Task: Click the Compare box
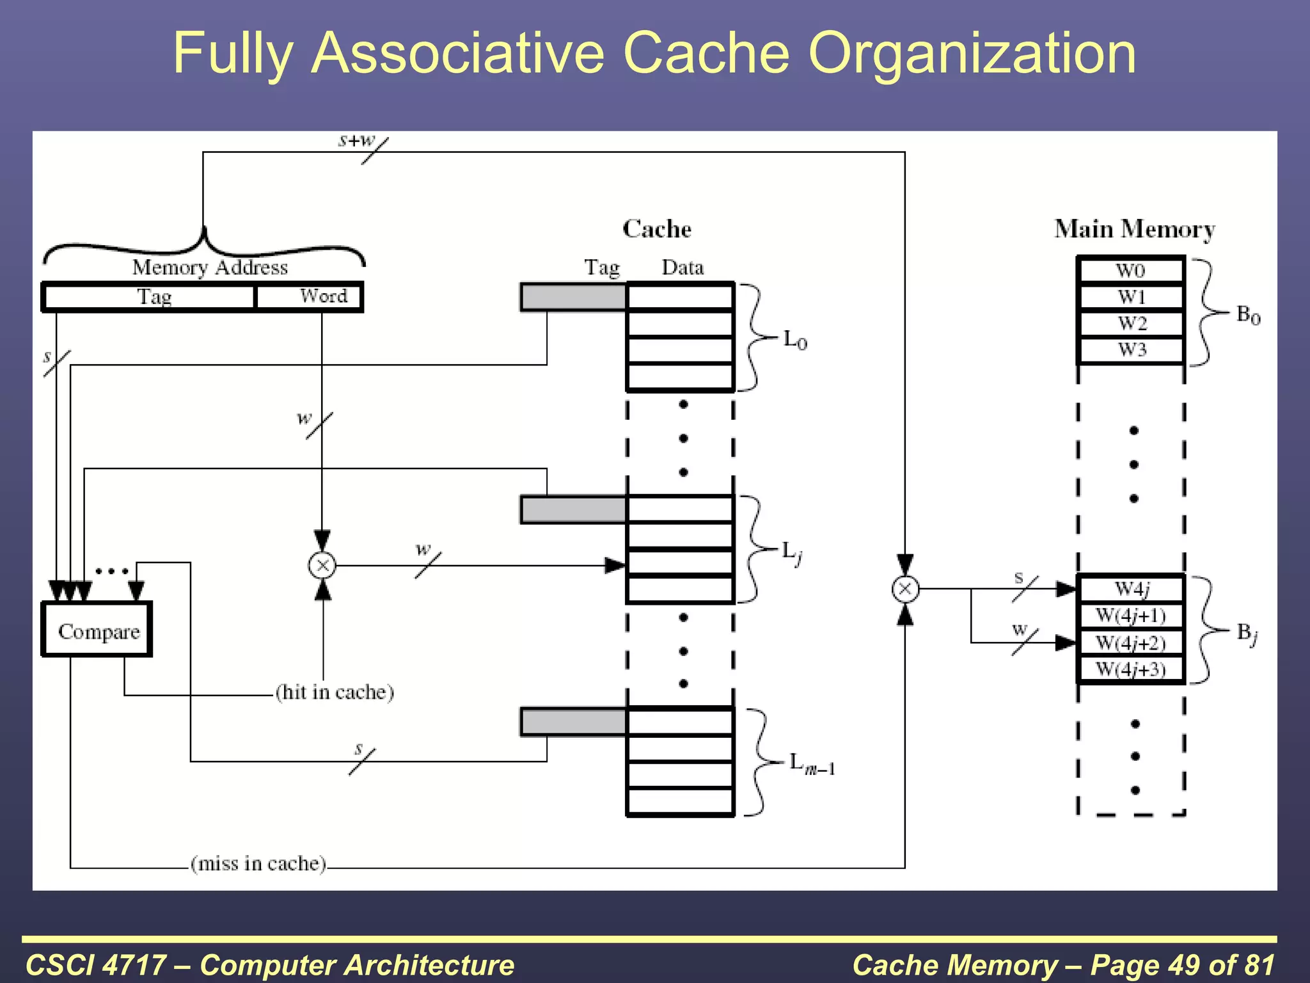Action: (x=97, y=630)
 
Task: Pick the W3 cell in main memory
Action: (x=1130, y=350)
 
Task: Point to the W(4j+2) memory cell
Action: (x=1130, y=643)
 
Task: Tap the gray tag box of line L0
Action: (x=573, y=298)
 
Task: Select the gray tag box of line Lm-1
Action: (x=573, y=722)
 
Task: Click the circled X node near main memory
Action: (x=905, y=589)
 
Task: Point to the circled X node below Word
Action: (x=322, y=566)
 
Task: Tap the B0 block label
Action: (x=1248, y=315)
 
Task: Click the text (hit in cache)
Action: (x=335, y=692)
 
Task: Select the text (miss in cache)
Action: (x=258, y=864)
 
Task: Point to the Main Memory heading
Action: (x=1134, y=229)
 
